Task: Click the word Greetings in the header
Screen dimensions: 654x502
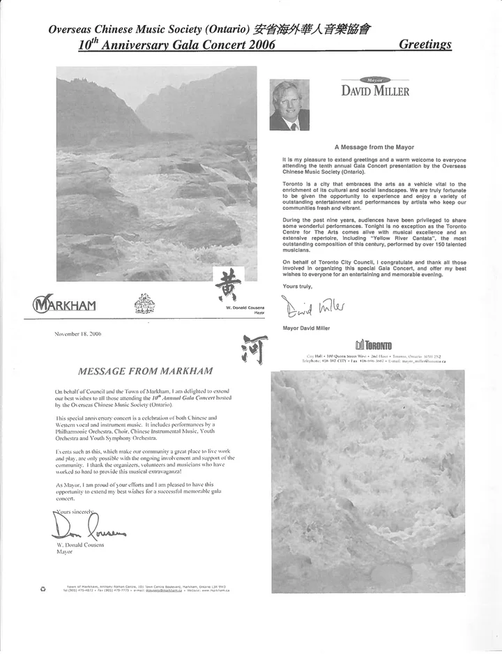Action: click(x=425, y=45)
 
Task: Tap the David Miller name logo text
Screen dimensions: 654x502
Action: click(x=375, y=91)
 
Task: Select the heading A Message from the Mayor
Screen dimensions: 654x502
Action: click(x=374, y=147)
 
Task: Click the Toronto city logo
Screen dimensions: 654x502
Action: click(x=374, y=344)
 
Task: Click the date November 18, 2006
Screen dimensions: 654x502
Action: click(x=78, y=335)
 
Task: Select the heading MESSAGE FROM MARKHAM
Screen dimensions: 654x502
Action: click(x=145, y=370)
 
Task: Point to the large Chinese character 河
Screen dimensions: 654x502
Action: click(x=253, y=349)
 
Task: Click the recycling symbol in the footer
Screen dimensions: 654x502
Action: click(x=43, y=588)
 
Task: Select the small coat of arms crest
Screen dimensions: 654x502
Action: click(x=144, y=303)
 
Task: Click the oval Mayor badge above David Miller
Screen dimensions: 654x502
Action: click(x=375, y=80)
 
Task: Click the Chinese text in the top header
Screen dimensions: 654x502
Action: click(x=312, y=29)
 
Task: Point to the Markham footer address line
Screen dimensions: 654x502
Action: click(x=146, y=588)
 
